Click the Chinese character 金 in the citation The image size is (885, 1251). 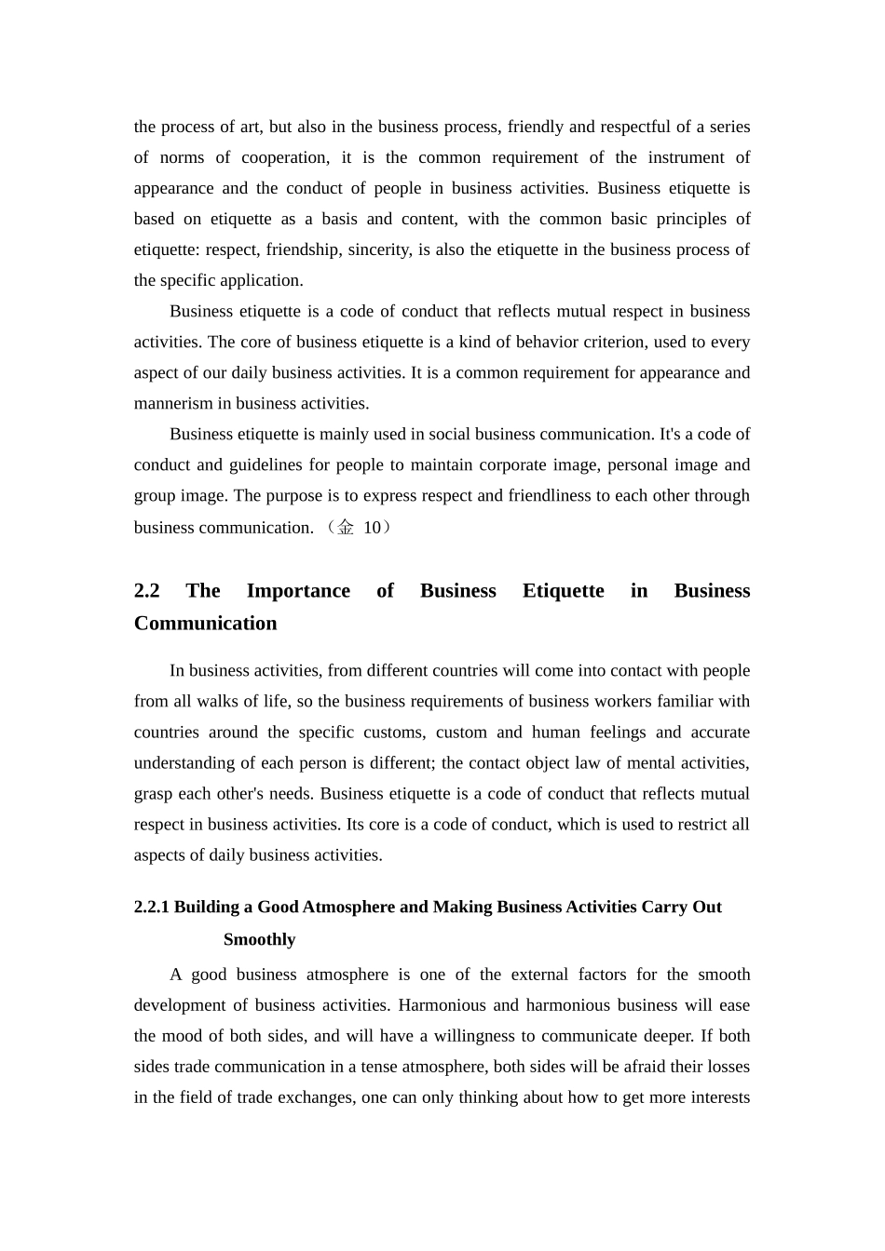coord(346,528)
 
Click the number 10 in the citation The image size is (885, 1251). coord(372,528)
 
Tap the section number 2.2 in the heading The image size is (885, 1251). coord(147,591)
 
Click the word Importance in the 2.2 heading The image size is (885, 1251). coord(298,591)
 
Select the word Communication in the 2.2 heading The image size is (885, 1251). coord(205,624)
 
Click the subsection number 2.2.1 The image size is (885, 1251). coord(152,908)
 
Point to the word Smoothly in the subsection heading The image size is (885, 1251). coord(259,940)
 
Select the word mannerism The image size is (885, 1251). coord(173,403)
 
